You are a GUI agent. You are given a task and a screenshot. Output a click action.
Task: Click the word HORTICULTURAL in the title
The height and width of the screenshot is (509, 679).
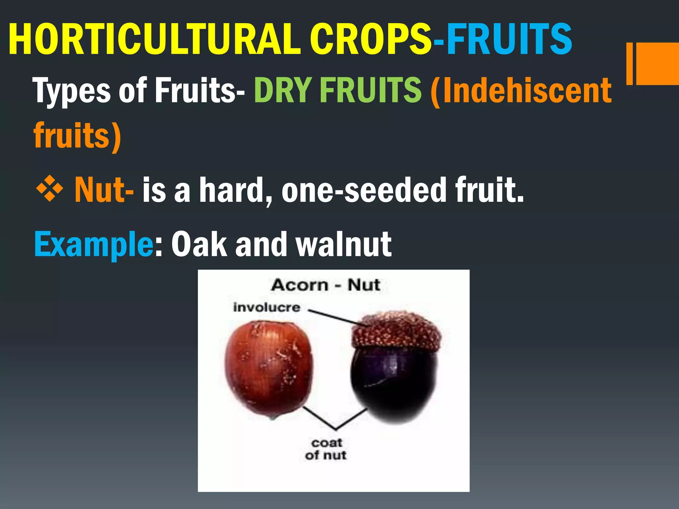coord(154,40)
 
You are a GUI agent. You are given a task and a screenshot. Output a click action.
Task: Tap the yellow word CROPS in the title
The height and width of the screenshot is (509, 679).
coord(371,40)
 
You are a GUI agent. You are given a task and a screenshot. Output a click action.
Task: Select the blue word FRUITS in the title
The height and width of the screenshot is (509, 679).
coord(509,40)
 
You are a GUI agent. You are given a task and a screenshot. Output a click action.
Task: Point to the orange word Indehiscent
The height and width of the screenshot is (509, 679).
coord(527,90)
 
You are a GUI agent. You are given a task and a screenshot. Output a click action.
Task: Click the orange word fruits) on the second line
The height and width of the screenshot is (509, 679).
coord(77,136)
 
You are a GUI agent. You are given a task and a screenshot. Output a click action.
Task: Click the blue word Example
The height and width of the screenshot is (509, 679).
coord(93,245)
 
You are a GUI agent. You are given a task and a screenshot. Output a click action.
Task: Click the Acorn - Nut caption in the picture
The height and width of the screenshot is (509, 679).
coord(326,285)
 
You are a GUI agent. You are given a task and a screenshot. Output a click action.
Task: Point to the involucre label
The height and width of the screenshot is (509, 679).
coord(267,308)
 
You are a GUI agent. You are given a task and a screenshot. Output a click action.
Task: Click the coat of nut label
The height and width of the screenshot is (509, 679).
coord(326,449)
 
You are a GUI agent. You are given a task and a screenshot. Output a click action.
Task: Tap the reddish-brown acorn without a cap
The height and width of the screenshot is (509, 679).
coord(269,368)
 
